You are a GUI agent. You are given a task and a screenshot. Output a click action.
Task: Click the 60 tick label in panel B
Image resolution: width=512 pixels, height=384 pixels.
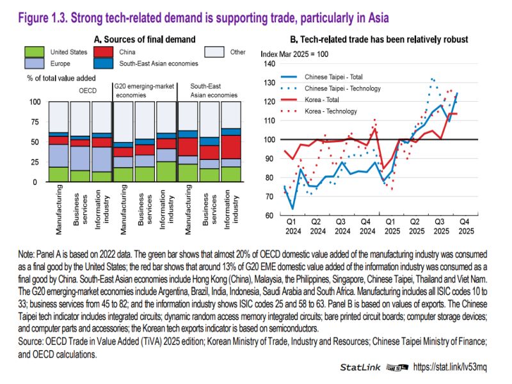tap(270, 215)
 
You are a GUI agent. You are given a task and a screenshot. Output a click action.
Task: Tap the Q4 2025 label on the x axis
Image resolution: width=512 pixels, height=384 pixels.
tap(465, 225)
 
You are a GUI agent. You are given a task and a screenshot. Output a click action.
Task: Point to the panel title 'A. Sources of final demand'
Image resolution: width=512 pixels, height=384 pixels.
tap(144, 40)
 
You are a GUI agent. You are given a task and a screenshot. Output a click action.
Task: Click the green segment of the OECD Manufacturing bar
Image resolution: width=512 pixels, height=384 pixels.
tap(58, 174)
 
